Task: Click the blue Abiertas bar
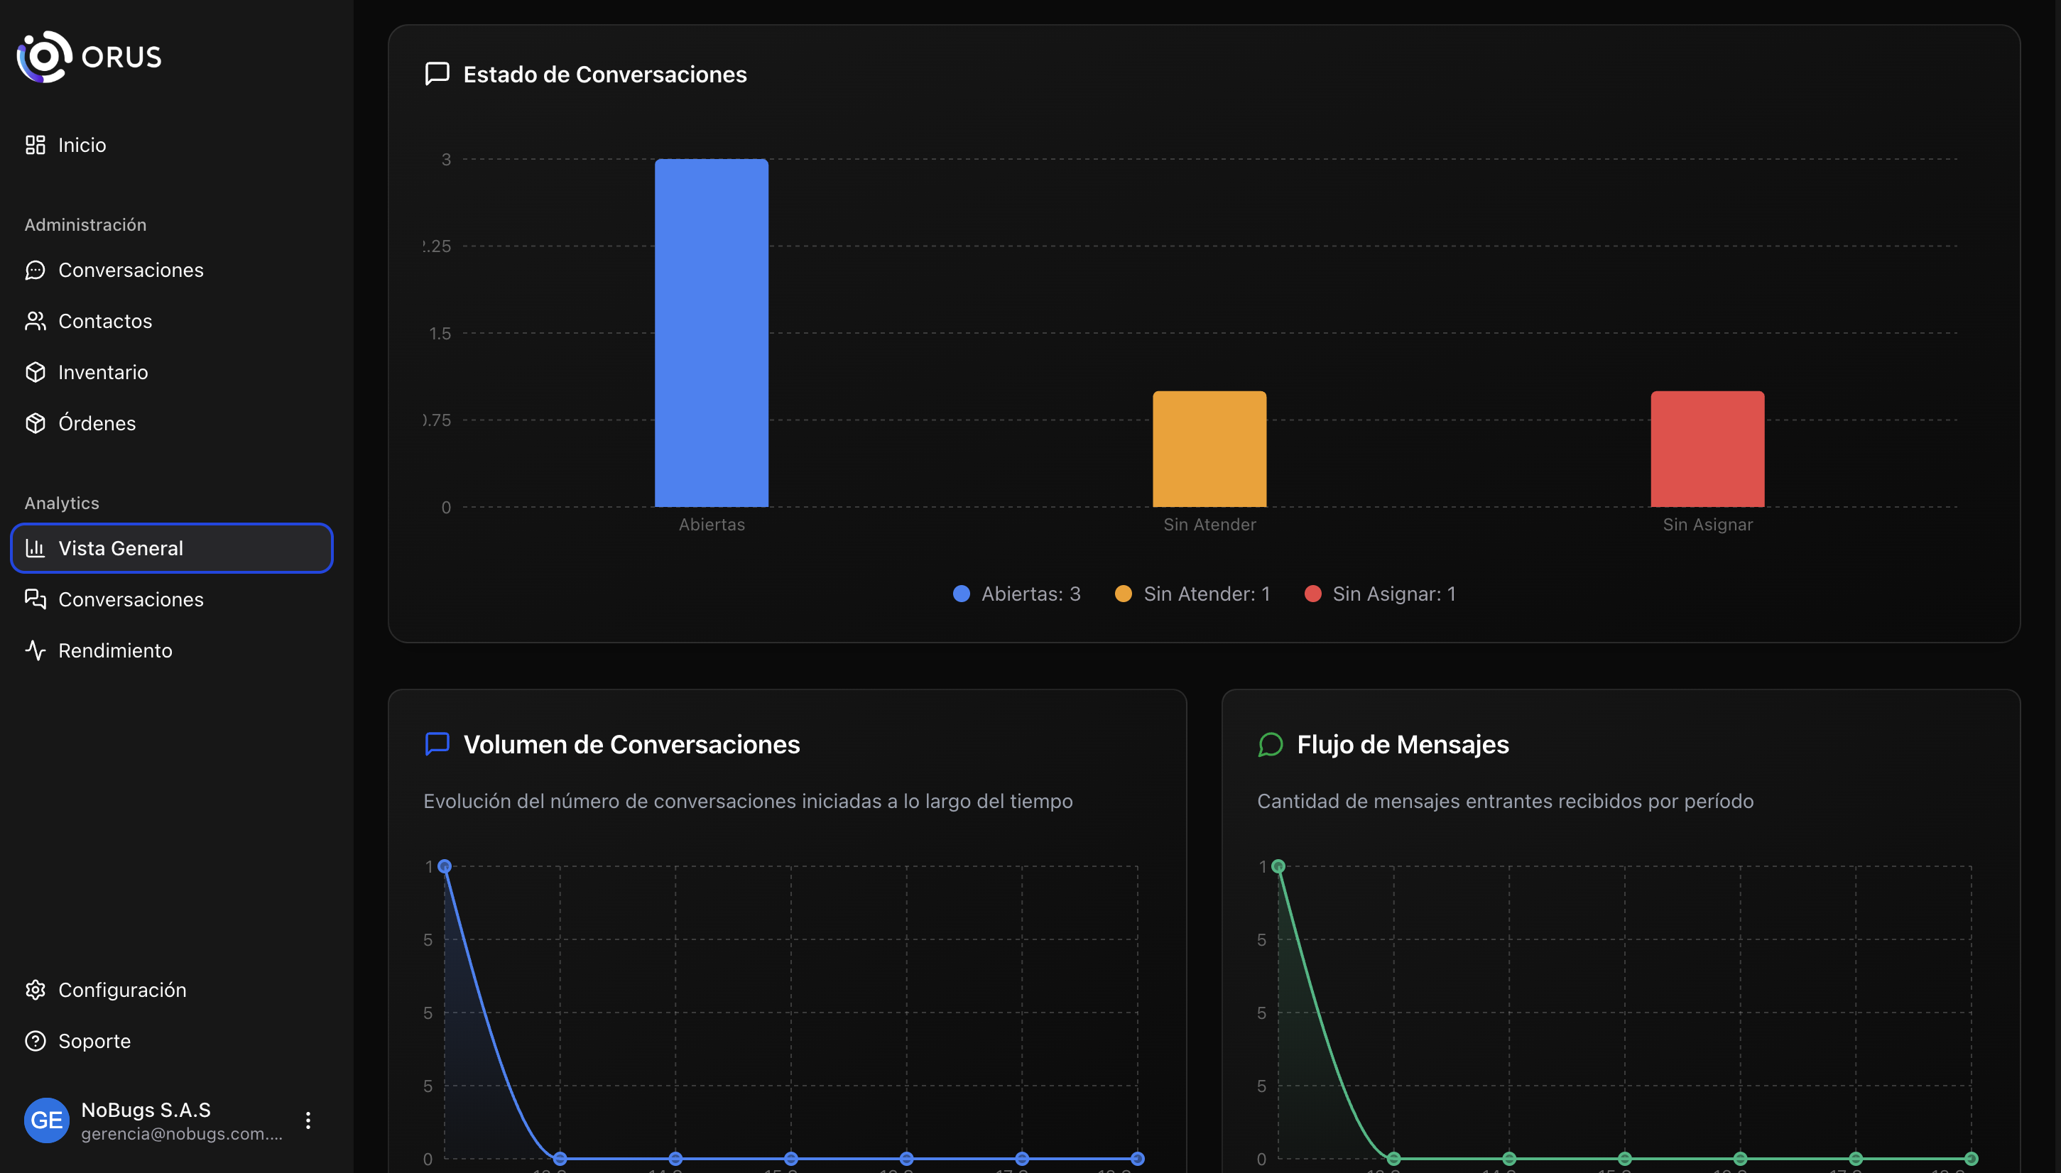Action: (x=711, y=333)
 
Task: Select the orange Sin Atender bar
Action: (x=1209, y=449)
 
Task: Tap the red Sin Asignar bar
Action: (x=1707, y=449)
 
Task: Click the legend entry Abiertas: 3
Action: (x=1017, y=594)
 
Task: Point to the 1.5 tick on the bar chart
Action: (x=440, y=334)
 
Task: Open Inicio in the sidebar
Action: (x=82, y=145)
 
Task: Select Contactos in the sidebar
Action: (x=104, y=321)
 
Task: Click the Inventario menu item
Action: (x=102, y=372)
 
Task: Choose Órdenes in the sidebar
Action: (x=97, y=423)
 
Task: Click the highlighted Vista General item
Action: (x=172, y=548)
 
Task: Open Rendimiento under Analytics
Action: (x=114, y=650)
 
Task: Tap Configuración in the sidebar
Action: (x=121, y=989)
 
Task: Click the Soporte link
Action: (x=94, y=1041)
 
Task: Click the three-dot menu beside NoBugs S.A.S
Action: (x=308, y=1120)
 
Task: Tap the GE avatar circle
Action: (x=47, y=1120)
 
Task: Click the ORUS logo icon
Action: (x=44, y=56)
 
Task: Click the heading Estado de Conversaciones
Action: (x=604, y=74)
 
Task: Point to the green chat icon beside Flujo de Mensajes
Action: (x=1270, y=744)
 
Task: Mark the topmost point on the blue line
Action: (x=444, y=866)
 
